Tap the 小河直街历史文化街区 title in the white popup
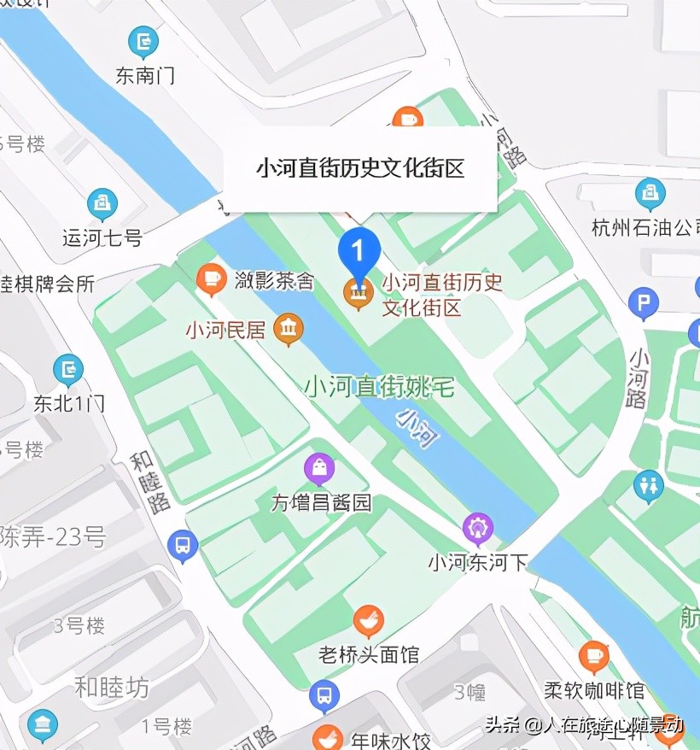click(x=360, y=168)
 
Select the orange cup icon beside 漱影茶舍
click(x=211, y=279)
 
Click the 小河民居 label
click(x=226, y=329)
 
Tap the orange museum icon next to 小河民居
click(x=289, y=329)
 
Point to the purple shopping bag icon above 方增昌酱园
click(x=319, y=469)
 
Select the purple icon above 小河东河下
click(x=478, y=529)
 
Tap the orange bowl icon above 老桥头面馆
click(x=368, y=621)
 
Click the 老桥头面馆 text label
click(x=369, y=655)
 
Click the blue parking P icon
click(x=643, y=303)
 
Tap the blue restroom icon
click(x=649, y=486)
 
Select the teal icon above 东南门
click(x=143, y=42)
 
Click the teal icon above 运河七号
click(x=102, y=204)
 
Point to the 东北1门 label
click(x=69, y=402)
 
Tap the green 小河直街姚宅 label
click(x=380, y=387)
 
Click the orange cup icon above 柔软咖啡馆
click(x=594, y=657)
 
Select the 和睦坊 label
click(x=112, y=686)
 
